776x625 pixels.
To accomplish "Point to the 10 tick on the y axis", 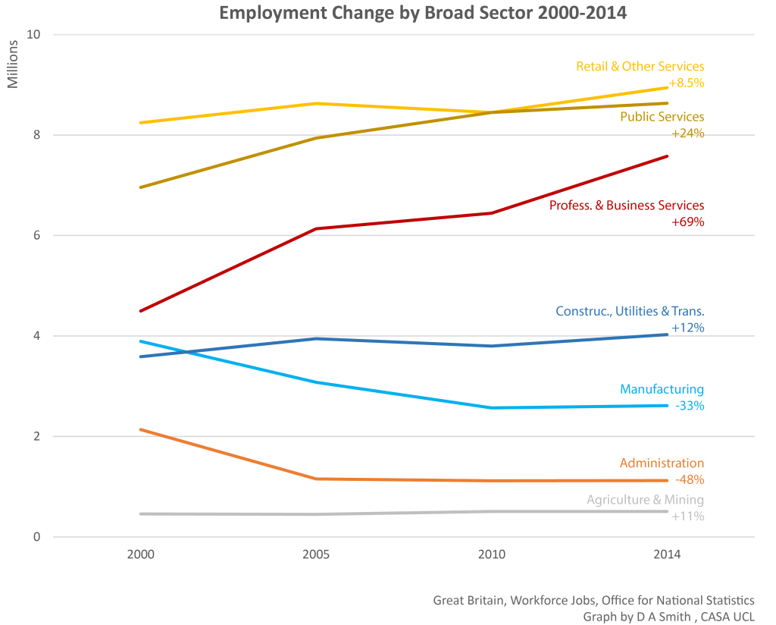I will [x=34, y=35].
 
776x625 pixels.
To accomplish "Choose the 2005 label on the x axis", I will [x=316, y=554].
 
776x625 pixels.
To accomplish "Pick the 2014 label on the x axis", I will [x=667, y=554].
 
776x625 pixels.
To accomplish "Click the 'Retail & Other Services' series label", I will [x=640, y=67].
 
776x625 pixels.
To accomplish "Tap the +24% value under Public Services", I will [x=687, y=133].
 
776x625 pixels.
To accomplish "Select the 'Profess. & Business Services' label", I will [x=626, y=206].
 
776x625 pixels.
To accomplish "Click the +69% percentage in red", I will [x=687, y=222].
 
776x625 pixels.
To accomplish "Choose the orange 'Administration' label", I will [x=661, y=463].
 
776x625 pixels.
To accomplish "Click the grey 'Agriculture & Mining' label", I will [x=645, y=500].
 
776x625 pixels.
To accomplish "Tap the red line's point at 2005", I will [x=316, y=228].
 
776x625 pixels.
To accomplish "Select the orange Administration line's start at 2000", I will [x=141, y=429].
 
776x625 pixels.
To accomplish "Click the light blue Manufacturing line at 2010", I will [x=492, y=408].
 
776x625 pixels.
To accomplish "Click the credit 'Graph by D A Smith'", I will [x=637, y=617].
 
